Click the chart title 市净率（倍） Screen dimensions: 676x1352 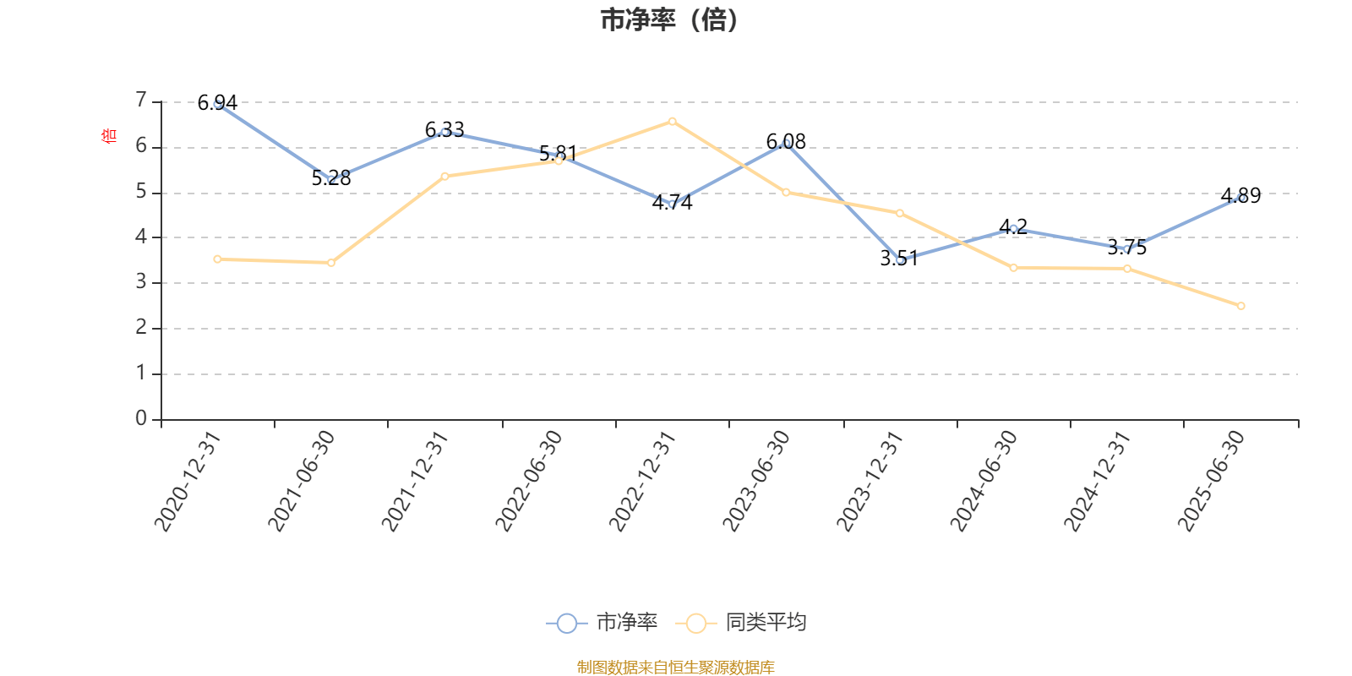(x=669, y=20)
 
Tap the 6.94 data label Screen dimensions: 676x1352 (x=217, y=103)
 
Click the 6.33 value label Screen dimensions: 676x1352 (x=444, y=129)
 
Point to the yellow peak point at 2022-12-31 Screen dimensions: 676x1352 (x=672, y=121)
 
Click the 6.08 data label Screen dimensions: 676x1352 (x=786, y=141)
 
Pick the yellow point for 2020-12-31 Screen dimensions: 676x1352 (x=217, y=259)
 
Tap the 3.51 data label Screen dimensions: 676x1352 (x=898, y=259)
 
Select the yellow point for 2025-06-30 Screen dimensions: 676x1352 (x=1241, y=306)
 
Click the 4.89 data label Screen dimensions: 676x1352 (x=1240, y=196)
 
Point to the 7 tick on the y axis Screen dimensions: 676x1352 (x=141, y=101)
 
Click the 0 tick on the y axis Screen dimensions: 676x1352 (x=141, y=418)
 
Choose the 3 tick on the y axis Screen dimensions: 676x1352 (x=141, y=282)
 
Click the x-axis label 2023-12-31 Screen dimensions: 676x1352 (x=870, y=480)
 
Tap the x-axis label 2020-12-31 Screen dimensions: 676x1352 (x=188, y=480)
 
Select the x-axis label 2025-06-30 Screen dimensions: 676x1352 (x=1212, y=480)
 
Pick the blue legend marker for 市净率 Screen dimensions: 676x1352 (x=567, y=624)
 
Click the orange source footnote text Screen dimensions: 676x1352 (x=675, y=668)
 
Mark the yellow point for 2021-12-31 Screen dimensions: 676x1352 (x=444, y=176)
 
